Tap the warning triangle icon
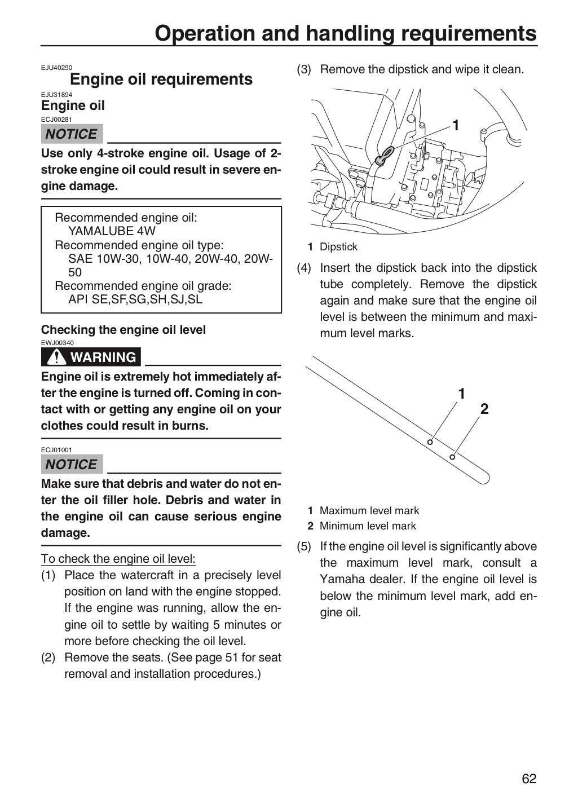point(56,357)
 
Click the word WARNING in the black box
point(103,357)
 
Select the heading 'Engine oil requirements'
point(161,79)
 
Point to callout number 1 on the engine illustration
point(456,125)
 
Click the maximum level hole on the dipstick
point(430,442)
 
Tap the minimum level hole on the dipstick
point(452,457)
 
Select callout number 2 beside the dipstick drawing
point(484,409)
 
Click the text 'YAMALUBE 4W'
point(112,231)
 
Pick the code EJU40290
point(56,68)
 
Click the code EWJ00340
point(58,343)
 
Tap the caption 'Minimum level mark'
point(368,526)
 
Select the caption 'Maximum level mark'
point(369,510)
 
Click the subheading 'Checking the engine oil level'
point(123,329)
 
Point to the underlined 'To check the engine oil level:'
point(118,559)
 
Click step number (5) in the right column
point(304,546)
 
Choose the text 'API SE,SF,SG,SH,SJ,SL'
point(135,299)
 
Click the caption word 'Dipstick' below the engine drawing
point(338,247)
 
